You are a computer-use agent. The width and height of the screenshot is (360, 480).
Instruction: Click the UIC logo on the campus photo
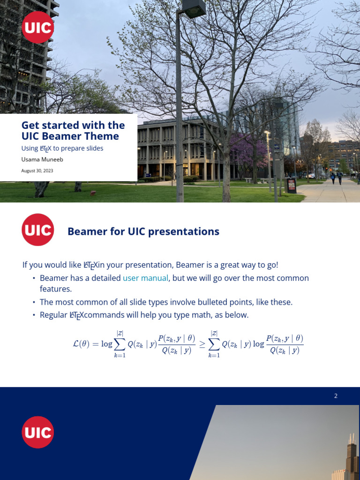coord(37,27)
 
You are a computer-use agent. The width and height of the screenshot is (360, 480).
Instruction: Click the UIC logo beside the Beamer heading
coord(37,230)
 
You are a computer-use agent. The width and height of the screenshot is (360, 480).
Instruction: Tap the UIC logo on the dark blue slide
coord(37,432)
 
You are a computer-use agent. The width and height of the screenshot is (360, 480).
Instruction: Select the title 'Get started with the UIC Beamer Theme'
coord(73,131)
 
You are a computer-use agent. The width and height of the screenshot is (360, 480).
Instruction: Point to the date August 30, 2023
coord(37,171)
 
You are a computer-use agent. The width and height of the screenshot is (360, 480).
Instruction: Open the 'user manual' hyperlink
coord(145,278)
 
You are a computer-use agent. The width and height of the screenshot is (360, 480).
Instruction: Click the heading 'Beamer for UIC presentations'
coord(143,232)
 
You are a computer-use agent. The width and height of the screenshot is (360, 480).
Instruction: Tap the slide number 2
coord(336,396)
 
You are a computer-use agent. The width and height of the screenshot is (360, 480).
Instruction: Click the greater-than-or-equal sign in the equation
coord(202,344)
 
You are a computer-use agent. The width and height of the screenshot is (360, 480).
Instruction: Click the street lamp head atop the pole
coord(193,8)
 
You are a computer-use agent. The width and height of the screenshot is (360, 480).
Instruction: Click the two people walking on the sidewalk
coord(336,177)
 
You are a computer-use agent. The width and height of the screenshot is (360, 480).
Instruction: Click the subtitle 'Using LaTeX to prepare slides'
coord(62,148)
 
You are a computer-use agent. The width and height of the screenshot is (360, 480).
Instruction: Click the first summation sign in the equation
coord(120,344)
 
